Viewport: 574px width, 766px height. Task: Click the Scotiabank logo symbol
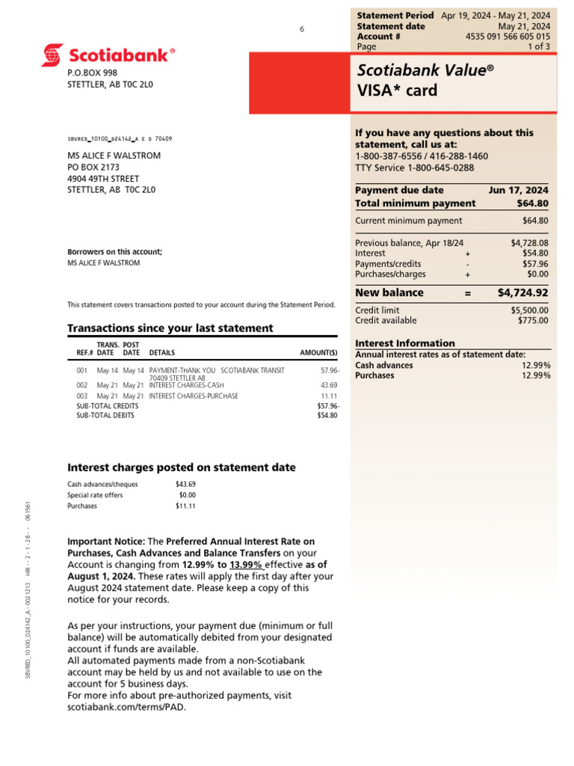pyautogui.click(x=53, y=55)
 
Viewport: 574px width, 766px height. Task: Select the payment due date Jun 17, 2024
pyautogui.click(x=518, y=190)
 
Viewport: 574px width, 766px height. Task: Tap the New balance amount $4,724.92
pyautogui.click(x=522, y=292)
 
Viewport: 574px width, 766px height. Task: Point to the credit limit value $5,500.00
pyautogui.click(x=529, y=310)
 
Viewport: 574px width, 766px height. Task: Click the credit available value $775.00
pyautogui.click(x=533, y=320)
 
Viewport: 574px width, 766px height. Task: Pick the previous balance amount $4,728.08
pyautogui.click(x=529, y=243)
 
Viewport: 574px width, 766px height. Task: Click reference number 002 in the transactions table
pyautogui.click(x=82, y=384)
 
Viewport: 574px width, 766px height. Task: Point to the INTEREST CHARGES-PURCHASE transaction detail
pyautogui.click(x=194, y=396)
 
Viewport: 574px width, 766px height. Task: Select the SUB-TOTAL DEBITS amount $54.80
pyautogui.click(x=327, y=415)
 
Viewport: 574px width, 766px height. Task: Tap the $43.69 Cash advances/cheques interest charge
pyautogui.click(x=185, y=484)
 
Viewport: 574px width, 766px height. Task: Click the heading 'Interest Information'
pyautogui.click(x=404, y=343)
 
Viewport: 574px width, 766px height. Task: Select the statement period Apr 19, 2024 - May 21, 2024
pyautogui.click(x=495, y=15)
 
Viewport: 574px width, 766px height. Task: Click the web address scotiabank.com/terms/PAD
pyautogui.click(x=126, y=707)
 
